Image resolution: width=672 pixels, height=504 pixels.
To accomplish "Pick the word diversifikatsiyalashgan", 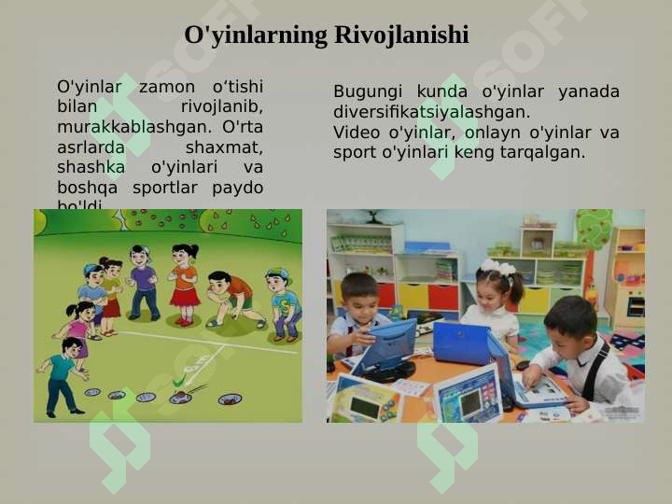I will coord(431,112).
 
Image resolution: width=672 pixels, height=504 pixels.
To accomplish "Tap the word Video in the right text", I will coord(356,132).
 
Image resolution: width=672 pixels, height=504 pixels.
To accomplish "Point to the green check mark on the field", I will coord(179,383).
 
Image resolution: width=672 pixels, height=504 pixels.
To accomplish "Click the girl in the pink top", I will coord(78,327).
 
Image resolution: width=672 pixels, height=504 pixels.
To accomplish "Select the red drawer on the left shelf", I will coord(385,295).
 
